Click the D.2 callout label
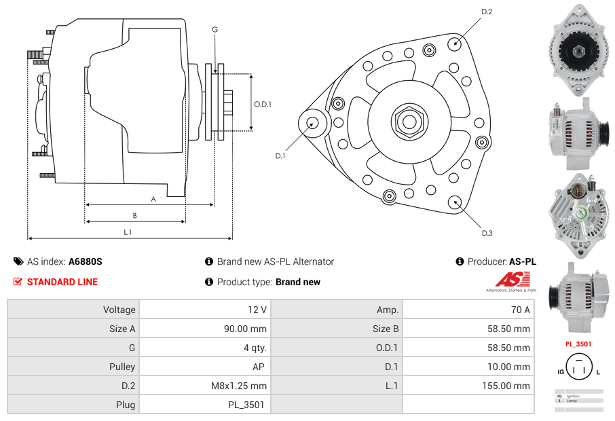487,12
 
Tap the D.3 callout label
487,233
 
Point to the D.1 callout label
280,155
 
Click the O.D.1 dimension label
263,104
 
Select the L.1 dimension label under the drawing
127,232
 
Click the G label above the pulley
215,29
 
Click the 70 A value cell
468,310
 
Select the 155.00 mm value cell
468,386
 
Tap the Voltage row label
73,310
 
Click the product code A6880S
86,261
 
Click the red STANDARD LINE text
62,282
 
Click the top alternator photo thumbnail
578,49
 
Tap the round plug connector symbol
578,371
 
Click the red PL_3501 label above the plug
578,344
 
